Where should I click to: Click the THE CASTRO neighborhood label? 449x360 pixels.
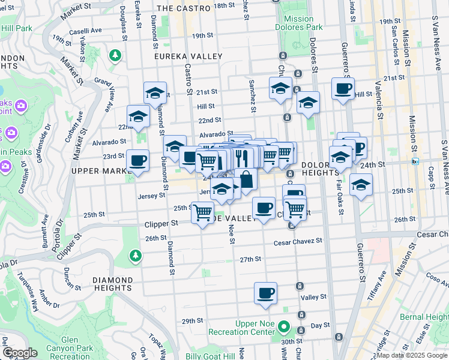click(183, 8)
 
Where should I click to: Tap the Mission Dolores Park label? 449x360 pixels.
click(298, 23)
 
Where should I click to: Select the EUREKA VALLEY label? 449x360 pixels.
click(188, 56)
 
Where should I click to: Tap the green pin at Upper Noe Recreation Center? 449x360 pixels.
click(286, 328)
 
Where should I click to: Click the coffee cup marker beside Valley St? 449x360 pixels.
click(265, 293)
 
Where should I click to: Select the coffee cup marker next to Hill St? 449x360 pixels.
click(343, 89)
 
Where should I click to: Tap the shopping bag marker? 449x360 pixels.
click(246, 179)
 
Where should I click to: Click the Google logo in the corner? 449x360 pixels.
click(20, 353)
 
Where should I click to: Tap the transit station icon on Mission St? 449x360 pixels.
click(415, 161)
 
